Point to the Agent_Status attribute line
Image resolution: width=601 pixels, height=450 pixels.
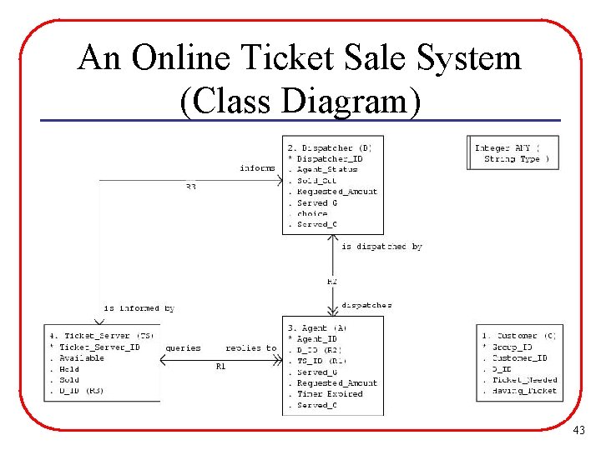point(327,169)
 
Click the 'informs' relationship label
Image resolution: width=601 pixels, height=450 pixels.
point(258,168)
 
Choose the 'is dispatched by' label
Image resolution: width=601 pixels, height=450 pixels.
point(381,247)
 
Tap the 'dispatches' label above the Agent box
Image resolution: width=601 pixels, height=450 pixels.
point(366,305)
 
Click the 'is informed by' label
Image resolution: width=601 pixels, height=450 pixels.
point(139,308)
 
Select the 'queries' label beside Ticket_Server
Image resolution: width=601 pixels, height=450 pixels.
point(184,347)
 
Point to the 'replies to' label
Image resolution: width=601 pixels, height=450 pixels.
point(250,347)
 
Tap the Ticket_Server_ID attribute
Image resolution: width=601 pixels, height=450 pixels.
point(99,347)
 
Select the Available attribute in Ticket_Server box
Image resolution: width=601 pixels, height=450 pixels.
point(82,357)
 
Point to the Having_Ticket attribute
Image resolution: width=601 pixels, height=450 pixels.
point(524,390)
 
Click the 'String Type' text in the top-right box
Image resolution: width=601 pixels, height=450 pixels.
point(512,158)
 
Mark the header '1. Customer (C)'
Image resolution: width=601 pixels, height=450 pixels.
point(518,335)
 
